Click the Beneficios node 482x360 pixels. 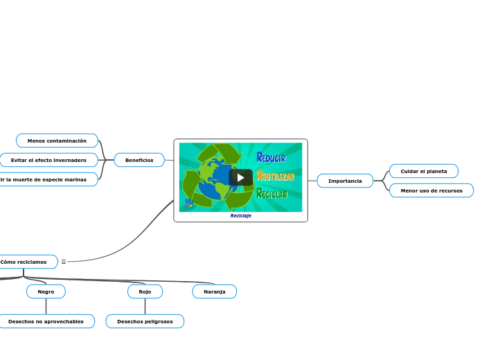(x=139, y=160)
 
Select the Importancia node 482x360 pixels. (x=345, y=181)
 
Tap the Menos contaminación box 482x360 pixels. (x=57, y=141)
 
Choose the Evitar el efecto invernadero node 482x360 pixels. (x=48, y=160)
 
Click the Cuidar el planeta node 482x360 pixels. (x=424, y=171)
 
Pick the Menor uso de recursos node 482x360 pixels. (x=431, y=190)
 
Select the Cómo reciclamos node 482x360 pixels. (x=25, y=262)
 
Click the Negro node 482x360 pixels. (x=46, y=291)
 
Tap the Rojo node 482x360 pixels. (x=145, y=291)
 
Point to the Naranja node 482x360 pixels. (x=215, y=291)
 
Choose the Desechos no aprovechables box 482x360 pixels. (x=46, y=321)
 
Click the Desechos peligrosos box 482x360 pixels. (x=145, y=321)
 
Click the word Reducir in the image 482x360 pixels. (x=271, y=158)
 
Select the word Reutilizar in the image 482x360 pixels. (x=275, y=176)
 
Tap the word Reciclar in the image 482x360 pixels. (x=271, y=194)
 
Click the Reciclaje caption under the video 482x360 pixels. (x=241, y=215)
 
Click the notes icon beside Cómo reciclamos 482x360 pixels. (x=64, y=262)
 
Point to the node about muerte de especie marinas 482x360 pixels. (x=44, y=179)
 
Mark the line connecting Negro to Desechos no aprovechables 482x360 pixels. (x=46, y=306)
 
